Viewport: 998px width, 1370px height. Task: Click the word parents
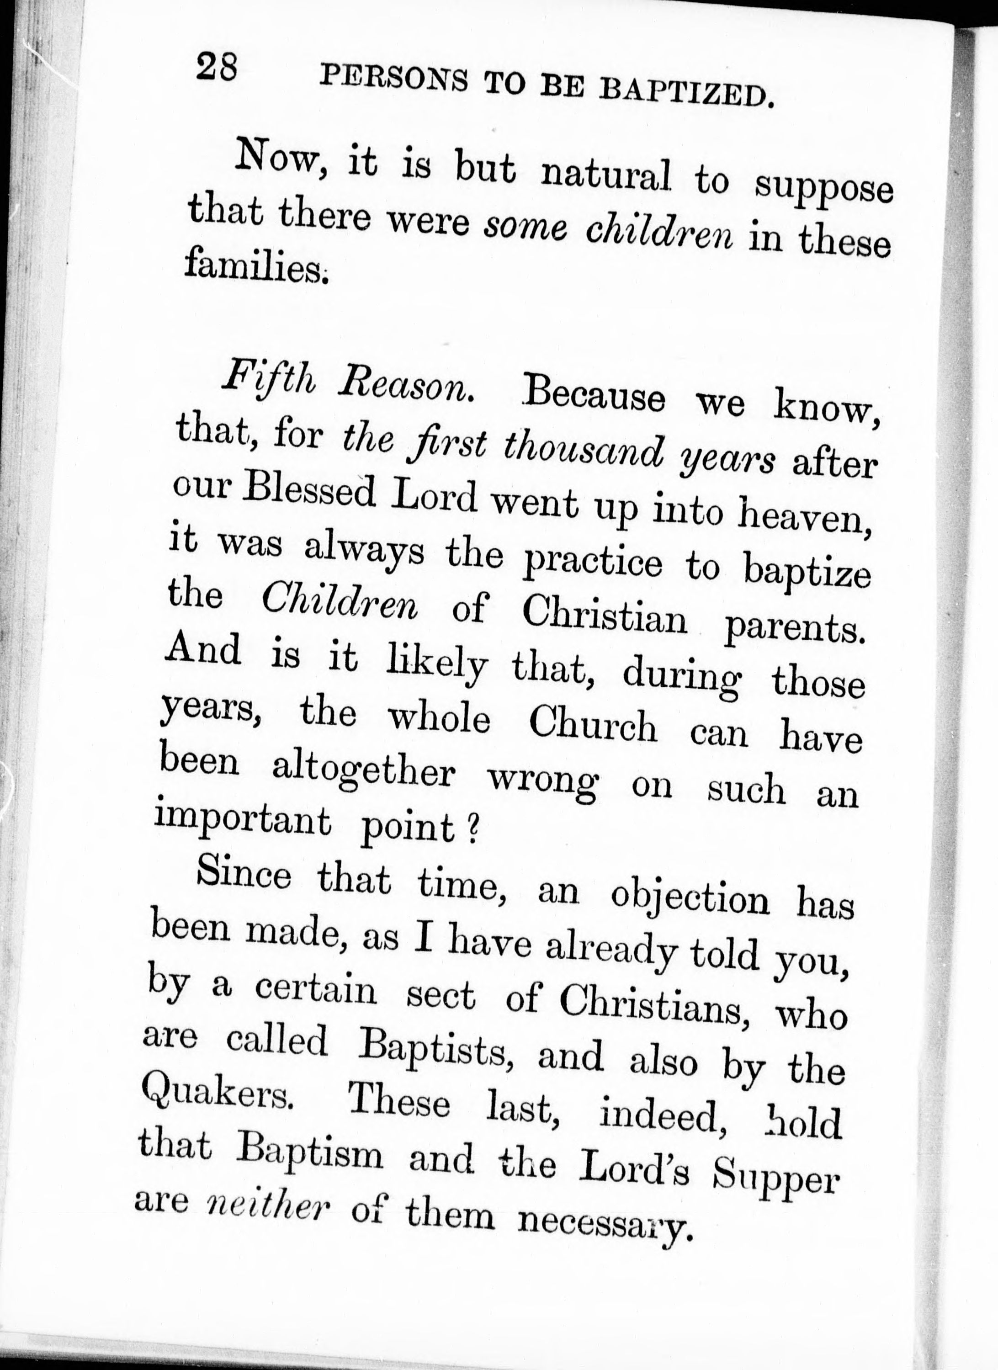click(791, 628)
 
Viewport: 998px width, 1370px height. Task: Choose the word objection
click(690, 899)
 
